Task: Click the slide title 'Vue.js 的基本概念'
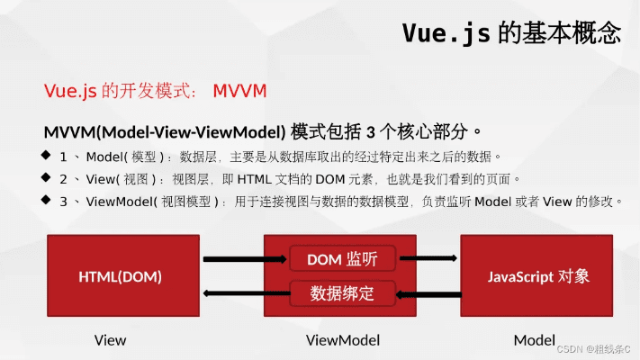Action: tap(511, 33)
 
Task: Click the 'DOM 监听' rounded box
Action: tap(341, 259)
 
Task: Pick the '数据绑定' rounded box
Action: tap(341, 293)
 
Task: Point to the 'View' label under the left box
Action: tap(110, 340)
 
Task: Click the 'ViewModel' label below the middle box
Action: tap(343, 340)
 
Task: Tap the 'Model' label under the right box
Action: tap(534, 340)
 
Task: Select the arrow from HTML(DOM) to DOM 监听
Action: tap(232, 259)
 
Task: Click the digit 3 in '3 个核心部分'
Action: tap(369, 132)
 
